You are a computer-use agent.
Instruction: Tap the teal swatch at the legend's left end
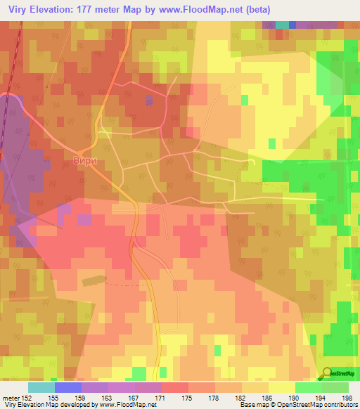(41, 387)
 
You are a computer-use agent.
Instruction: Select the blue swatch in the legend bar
(68, 387)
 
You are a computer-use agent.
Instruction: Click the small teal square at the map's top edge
(282, 25)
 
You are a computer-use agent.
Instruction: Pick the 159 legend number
(81, 397)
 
